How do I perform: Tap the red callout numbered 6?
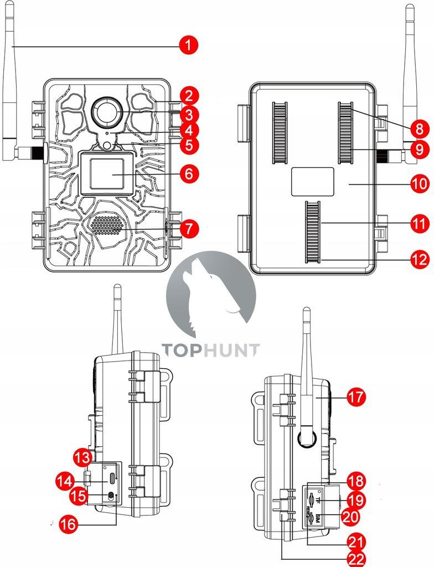189,173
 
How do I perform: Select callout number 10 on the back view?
420,183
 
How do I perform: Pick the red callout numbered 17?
356,397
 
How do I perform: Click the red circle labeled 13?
82,457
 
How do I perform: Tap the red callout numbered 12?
420,259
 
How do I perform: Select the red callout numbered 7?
189,228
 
